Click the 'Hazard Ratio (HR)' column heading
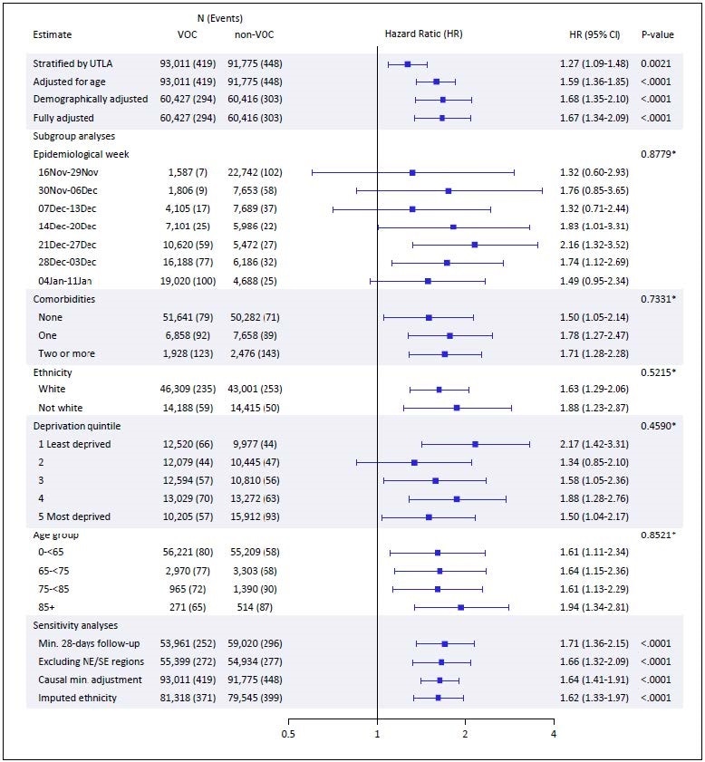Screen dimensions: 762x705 [x=424, y=34]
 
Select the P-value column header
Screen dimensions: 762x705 [x=657, y=34]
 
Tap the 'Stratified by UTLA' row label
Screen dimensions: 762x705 [x=72, y=63]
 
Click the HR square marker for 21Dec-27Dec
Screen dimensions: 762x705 [x=475, y=245]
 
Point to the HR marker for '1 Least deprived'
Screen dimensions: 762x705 [x=475, y=444]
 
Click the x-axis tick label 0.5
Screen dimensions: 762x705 [x=288, y=734]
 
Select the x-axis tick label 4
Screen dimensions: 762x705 [x=554, y=734]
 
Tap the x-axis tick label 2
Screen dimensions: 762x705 [x=465, y=734]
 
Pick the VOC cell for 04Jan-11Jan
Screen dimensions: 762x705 [x=178, y=281]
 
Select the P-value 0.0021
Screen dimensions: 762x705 [x=657, y=63]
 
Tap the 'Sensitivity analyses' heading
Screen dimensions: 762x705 [x=77, y=625]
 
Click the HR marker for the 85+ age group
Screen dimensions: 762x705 [x=461, y=607]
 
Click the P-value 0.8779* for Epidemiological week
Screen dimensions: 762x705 [x=658, y=154]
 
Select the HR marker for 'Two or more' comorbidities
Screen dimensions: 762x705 [x=445, y=353]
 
